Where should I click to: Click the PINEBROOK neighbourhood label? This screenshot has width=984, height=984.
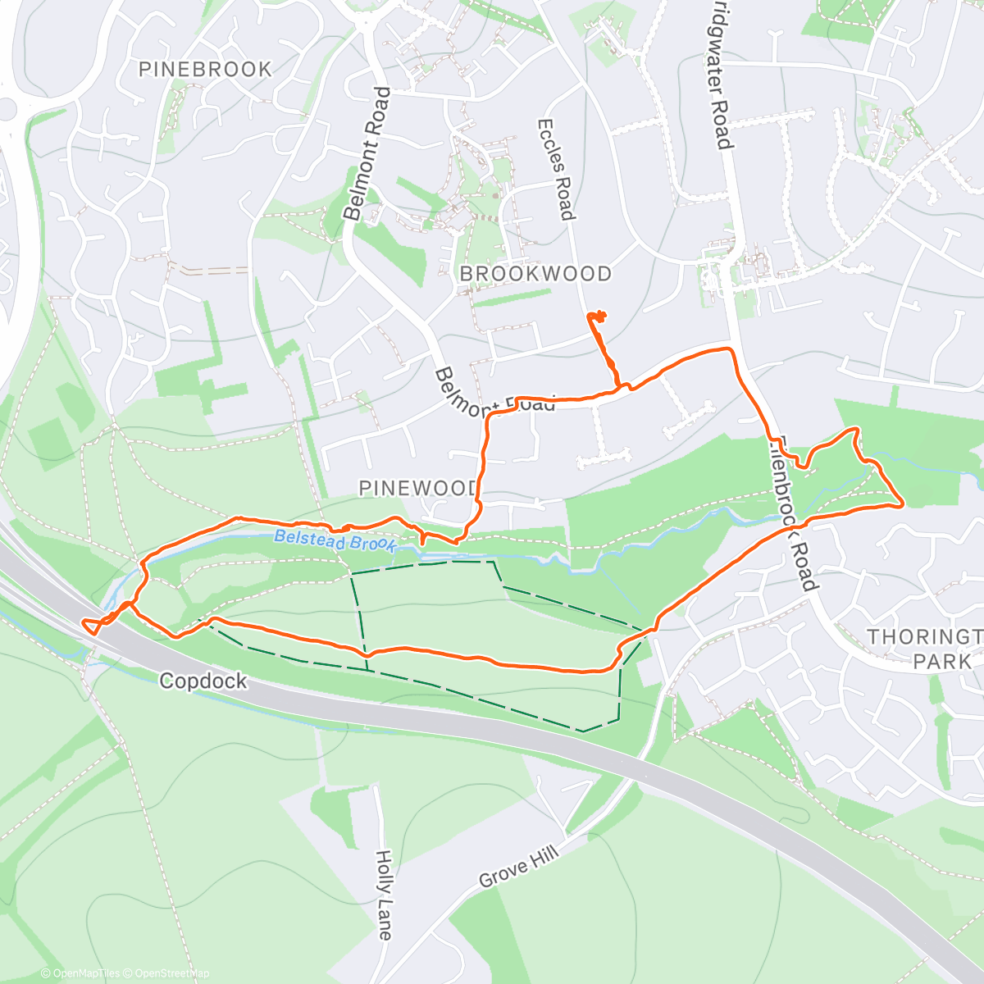[205, 70]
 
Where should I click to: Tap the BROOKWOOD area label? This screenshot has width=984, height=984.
[535, 274]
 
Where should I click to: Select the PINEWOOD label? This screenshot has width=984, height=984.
[418, 489]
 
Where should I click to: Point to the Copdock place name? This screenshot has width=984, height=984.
[203, 681]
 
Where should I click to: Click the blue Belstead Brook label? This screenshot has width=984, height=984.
[335, 541]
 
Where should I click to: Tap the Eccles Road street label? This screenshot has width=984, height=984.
[554, 170]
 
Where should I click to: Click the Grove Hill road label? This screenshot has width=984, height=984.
[518, 867]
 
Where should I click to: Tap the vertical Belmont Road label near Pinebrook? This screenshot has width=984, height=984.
[366, 153]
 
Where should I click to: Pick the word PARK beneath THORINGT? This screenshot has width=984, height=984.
[942, 661]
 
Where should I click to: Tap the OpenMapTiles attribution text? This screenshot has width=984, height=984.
[84, 973]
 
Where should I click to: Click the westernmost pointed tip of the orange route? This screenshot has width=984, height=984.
[83, 623]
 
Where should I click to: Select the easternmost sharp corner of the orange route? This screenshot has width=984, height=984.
[903, 505]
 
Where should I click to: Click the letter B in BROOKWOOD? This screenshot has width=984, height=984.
[467, 274]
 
